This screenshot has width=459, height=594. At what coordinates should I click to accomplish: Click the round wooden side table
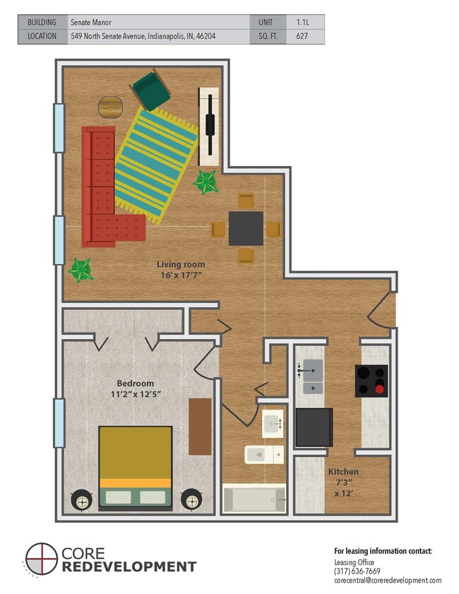(109, 107)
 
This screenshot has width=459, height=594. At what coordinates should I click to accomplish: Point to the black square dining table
(245, 228)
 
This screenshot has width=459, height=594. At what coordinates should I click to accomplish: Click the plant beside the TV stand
(206, 182)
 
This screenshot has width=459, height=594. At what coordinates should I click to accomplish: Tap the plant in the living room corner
(79, 270)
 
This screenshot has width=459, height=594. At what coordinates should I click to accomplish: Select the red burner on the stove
(380, 387)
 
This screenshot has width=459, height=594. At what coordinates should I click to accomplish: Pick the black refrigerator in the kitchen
(314, 427)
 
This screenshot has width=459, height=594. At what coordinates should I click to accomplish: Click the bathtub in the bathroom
(254, 499)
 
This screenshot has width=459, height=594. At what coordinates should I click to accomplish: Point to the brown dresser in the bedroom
(200, 427)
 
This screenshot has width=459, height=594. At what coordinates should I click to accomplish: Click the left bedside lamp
(82, 501)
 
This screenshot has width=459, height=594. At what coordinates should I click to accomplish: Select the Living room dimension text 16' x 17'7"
(180, 275)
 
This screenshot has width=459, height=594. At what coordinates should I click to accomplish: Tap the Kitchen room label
(342, 471)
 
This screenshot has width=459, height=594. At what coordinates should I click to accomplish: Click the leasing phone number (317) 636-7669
(357, 571)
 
